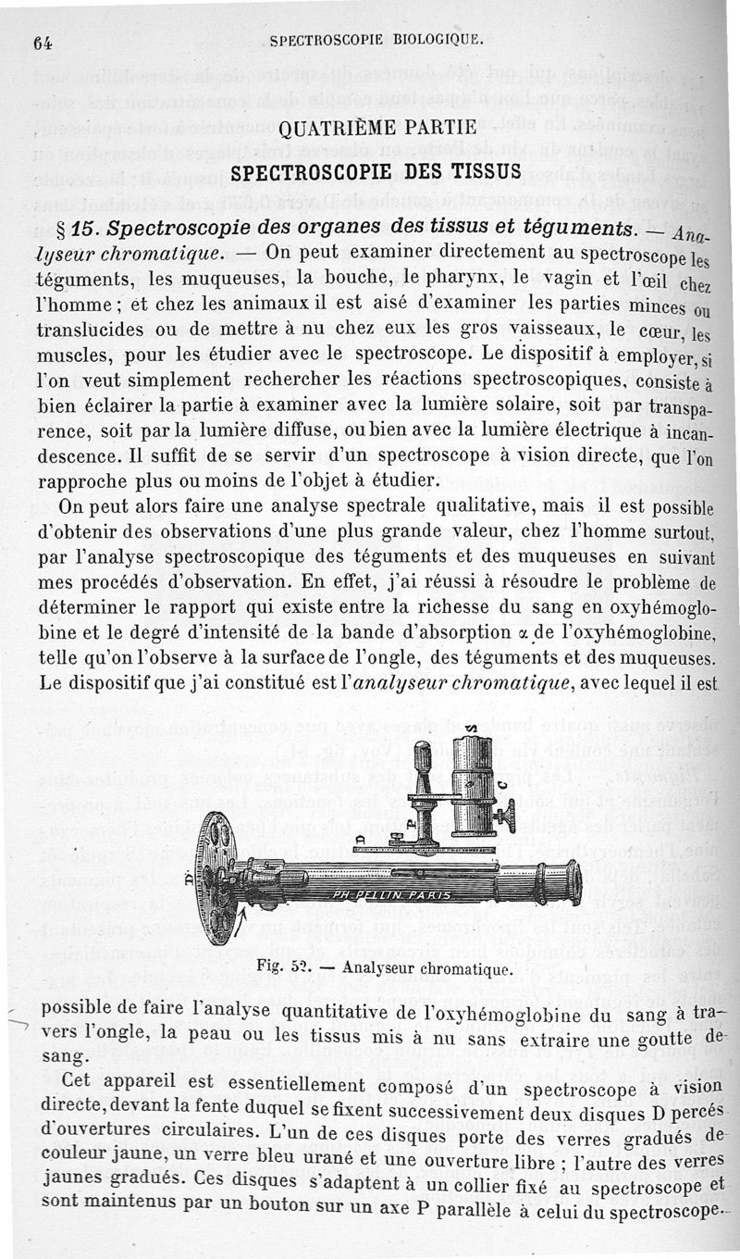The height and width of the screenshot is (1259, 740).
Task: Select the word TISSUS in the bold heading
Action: click(484, 171)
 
